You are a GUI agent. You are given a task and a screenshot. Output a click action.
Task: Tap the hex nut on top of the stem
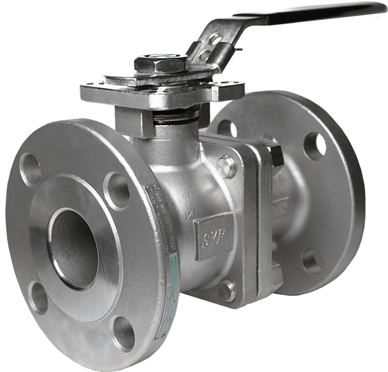161,63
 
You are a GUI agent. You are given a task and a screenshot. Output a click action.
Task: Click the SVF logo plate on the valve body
213,238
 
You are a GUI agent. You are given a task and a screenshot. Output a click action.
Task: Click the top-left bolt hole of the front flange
30,169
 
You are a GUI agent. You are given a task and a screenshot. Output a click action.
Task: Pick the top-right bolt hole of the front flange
117,190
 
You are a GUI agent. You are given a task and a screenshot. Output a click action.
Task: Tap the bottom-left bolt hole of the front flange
39,297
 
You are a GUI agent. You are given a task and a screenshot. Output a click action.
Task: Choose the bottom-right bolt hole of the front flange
124,332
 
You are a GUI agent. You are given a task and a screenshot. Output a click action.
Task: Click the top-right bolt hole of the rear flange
314,146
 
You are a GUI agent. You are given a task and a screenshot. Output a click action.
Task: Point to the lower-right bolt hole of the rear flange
312,260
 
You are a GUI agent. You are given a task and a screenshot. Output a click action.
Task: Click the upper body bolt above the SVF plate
226,166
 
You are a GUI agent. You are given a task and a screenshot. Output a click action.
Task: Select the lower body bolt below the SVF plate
227,290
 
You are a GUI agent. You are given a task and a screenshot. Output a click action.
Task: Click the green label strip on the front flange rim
162,255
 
